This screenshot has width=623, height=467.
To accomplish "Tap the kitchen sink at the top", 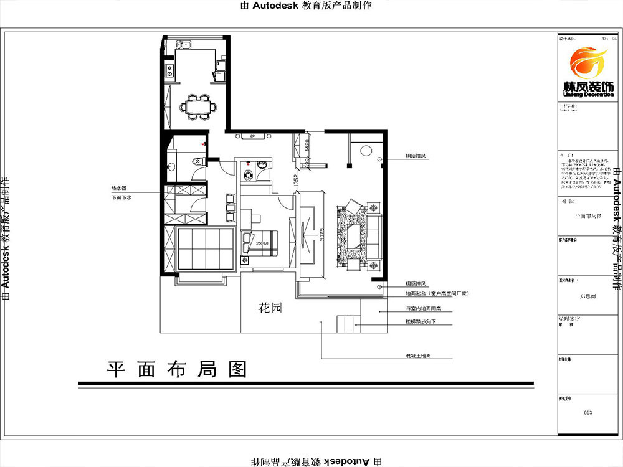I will click(183, 45).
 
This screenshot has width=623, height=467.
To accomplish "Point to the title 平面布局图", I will click(177, 369).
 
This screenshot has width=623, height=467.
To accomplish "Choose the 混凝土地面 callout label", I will click(419, 357).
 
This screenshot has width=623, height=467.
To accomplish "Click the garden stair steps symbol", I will click(345, 324).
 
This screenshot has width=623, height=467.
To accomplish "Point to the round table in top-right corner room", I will click(366, 151).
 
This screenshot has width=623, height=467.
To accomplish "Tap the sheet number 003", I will click(587, 412).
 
